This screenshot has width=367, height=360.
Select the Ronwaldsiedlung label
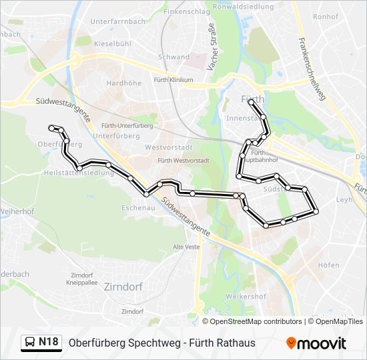tap(244, 6)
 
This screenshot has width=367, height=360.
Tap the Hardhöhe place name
tap(123, 83)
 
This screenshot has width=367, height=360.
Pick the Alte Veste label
tap(186, 247)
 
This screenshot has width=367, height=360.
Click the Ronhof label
tap(326, 17)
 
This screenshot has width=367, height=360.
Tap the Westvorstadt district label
tap(168, 147)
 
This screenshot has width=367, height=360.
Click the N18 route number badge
tap(48, 343)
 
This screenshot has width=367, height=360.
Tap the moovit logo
tap(316, 343)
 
